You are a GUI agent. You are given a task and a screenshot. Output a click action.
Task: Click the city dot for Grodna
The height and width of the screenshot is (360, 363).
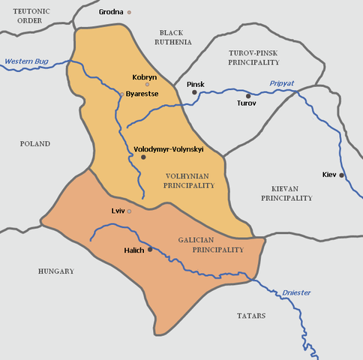click(129, 12)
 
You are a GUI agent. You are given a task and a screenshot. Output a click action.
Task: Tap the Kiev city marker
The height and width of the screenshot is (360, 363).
click(341, 175)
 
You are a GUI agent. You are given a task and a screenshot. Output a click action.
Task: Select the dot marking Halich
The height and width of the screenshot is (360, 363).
click(151, 249)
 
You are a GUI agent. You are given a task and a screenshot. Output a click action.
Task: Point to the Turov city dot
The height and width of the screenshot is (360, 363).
click(248, 96)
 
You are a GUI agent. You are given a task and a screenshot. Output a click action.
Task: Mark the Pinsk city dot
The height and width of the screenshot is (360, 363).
click(194, 92)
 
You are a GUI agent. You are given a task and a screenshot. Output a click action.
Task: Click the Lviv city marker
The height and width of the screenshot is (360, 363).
click(129, 211)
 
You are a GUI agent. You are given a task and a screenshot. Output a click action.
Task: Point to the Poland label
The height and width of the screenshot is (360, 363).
click(35, 143)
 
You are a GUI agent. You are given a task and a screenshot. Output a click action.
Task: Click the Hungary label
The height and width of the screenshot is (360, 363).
click(56, 271)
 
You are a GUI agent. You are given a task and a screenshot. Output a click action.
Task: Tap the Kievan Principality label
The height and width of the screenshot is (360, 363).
click(286, 193)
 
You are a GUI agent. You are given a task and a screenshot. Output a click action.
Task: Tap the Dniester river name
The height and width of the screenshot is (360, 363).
click(297, 292)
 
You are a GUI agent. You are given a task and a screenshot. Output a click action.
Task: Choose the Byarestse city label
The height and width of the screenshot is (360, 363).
click(143, 94)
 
